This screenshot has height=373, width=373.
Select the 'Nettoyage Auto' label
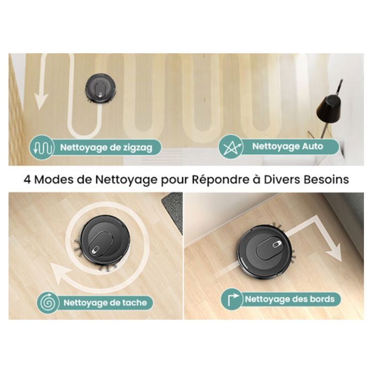pos(287,147)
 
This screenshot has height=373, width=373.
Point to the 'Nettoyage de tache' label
pos(104,303)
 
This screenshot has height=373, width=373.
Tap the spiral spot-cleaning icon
pos(48,303)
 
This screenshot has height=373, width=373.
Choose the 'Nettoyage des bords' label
pos(289,299)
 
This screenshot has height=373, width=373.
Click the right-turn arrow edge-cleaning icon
pos(232,299)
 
